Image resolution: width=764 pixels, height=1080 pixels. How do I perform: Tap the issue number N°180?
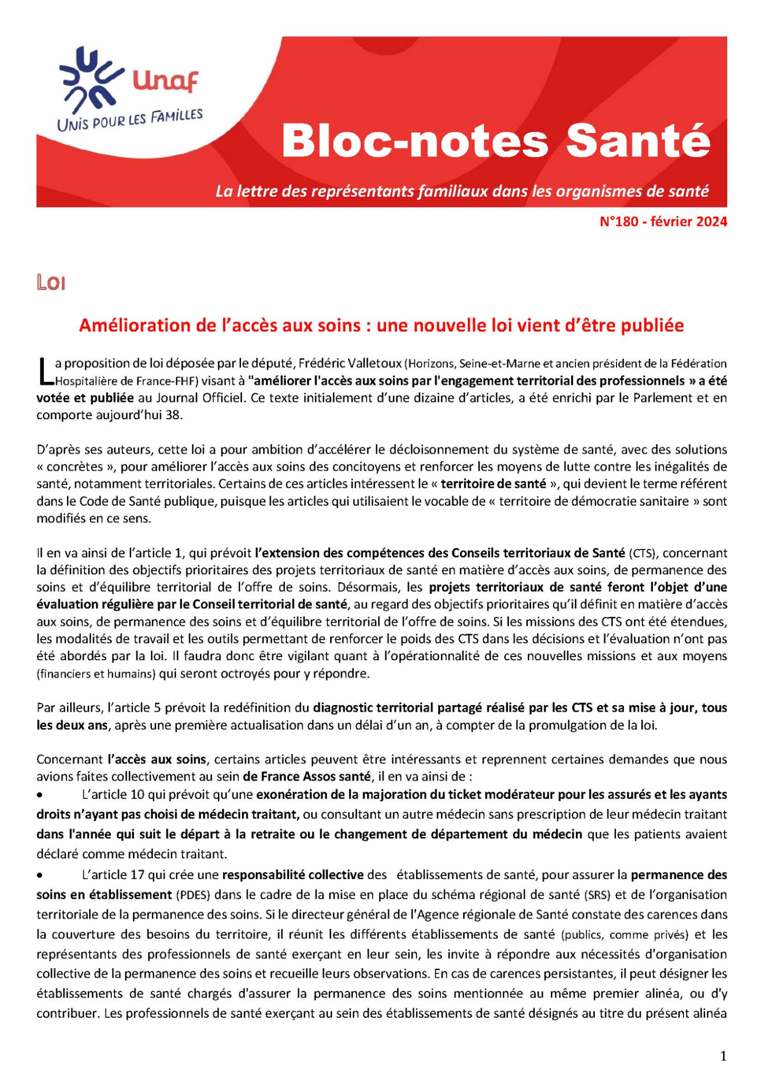[x=619, y=222]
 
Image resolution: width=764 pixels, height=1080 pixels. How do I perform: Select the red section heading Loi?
[x=51, y=283]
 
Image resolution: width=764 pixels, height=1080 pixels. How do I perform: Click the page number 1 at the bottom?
[x=723, y=1056]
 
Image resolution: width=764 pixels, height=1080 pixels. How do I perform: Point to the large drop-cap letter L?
[x=45, y=372]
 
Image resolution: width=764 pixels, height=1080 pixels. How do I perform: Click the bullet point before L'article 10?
[x=39, y=795]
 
